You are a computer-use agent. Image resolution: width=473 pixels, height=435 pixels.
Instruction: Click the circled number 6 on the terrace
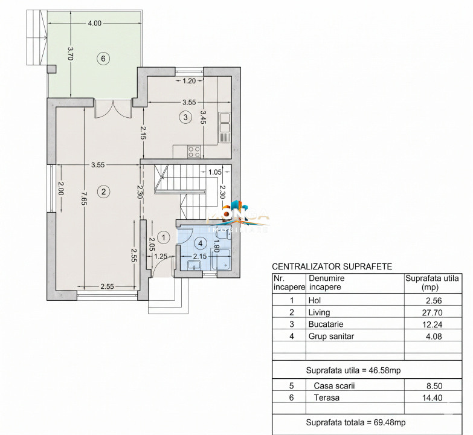pyautogui.click(x=103, y=59)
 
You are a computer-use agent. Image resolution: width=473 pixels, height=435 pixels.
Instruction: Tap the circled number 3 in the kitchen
pyautogui.click(x=185, y=117)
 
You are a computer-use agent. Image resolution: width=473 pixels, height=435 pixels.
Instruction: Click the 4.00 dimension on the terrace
pyautogui.click(x=94, y=24)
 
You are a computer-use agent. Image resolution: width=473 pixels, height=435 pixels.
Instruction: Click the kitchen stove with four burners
pyautogui.click(x=194, y=151)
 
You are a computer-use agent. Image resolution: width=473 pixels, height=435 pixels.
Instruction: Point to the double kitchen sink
pyautogui.click(x=224, y=123)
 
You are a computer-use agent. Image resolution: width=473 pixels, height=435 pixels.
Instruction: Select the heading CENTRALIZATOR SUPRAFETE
pyautogui.click(x=332, y=266)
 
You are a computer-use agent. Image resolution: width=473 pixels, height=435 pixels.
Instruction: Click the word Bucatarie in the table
pyautogui.click(x=324, y=325)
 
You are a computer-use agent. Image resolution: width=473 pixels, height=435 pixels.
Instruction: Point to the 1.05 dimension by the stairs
pyautogui.click(x=214, y=172)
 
